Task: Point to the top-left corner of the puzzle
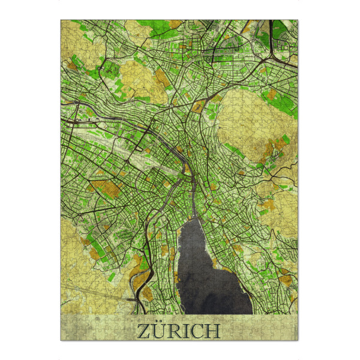coord(61,20)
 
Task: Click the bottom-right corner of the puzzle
coord(298,340)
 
